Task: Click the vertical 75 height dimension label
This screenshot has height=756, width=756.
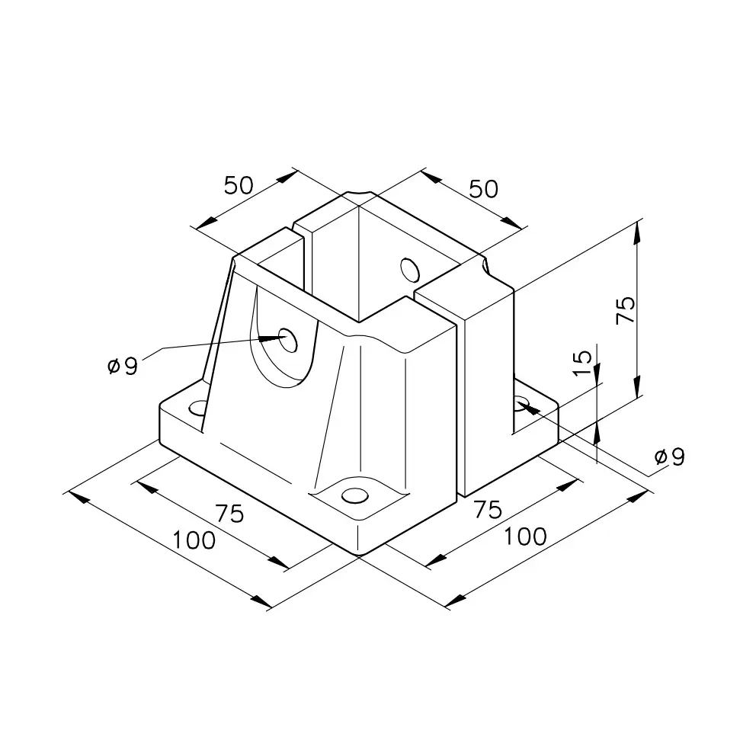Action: coord(626,310)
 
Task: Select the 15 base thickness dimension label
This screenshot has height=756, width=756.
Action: coord(582,363)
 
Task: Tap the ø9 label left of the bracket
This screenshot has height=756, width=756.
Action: coord(123,366)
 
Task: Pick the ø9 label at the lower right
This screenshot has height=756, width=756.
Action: coord(669,456)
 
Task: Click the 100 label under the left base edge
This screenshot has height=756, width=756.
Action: coord(194,540)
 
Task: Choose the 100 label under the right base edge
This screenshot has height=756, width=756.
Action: coord(525,537)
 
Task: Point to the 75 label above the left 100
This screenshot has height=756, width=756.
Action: coord(230,514)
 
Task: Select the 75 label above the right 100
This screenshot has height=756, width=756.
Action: coord(488,510)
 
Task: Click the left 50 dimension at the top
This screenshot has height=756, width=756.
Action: coord(239,185)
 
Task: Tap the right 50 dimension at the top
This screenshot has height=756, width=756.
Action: coord(484,189)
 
